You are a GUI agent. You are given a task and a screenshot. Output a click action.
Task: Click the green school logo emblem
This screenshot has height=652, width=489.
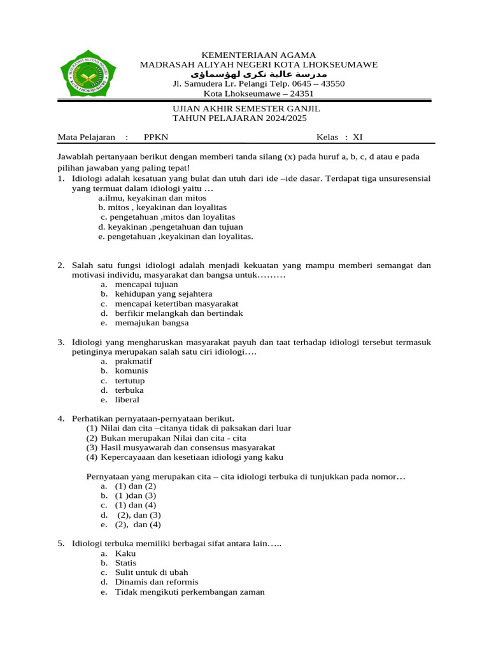[x=89, y=77]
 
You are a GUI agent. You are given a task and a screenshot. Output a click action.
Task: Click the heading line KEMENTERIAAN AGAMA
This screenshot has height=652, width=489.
[x=259, y=55]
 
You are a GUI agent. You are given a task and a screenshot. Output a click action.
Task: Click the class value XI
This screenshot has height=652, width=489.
[x=357, y=137]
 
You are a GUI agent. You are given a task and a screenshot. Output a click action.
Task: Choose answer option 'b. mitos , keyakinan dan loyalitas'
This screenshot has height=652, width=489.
[x=162, y=208]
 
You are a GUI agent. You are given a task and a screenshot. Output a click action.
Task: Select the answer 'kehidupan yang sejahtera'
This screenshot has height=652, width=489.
[x=164, y=294]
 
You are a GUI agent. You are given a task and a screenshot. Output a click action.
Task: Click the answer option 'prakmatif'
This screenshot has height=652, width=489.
[x=134, y=361]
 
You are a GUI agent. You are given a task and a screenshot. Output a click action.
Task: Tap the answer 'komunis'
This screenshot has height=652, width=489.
[x=131, y=371]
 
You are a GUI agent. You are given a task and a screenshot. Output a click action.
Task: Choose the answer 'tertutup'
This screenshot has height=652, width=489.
[x=130, y=381]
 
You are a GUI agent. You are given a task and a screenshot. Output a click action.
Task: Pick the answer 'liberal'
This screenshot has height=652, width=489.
[x=127, y=400]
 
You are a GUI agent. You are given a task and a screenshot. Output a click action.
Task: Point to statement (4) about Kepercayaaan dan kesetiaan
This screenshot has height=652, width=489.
[x=185, y=457]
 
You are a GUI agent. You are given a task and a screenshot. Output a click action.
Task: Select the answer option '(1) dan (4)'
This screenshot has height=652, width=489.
[x=136, y=505]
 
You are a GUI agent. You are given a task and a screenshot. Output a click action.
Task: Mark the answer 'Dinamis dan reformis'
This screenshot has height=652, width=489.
[x=157, y=582]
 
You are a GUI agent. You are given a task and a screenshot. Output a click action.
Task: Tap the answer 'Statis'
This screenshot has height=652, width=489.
[x=125, y=563]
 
